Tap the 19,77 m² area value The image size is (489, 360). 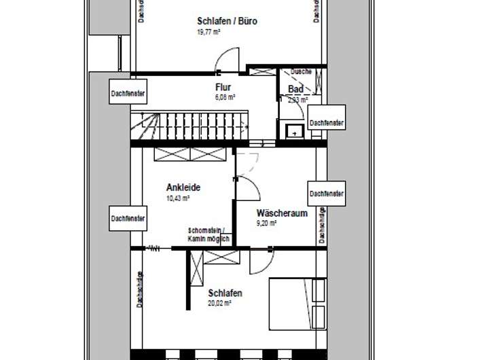pyautogui.click(x=208, y=31)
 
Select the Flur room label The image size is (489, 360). pyautogui.click(x=223, y=87)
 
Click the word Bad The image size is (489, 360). pyautogui.click(x=295, y=90)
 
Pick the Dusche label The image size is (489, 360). pyautogui.click(x=301, y=71)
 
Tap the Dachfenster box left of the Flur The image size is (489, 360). pyautogui.click(x=128, y=93)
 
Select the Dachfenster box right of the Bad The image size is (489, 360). pyautogui.click(x=326, y=123)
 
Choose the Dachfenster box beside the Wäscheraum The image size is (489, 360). pyautogui.click(x=327, y=194)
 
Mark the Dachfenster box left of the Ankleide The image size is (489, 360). pyautogui.click(x=128, y=218)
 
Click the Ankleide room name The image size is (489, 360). pyautogui.click(x=183, y=187)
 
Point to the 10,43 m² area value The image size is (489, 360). pyautogui.click(x=178, y=198)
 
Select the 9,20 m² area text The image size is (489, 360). pyautogui.click(x=267, y=223)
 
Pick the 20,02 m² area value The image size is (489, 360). pyautogui.click(x=221, y=304)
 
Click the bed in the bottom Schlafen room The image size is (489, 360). pyautogui.click(x=297, y=303)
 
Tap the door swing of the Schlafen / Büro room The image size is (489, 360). pyautogui.click(x=229, y=60)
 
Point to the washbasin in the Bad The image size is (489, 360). pyautogui.click(x=295, y=131)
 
